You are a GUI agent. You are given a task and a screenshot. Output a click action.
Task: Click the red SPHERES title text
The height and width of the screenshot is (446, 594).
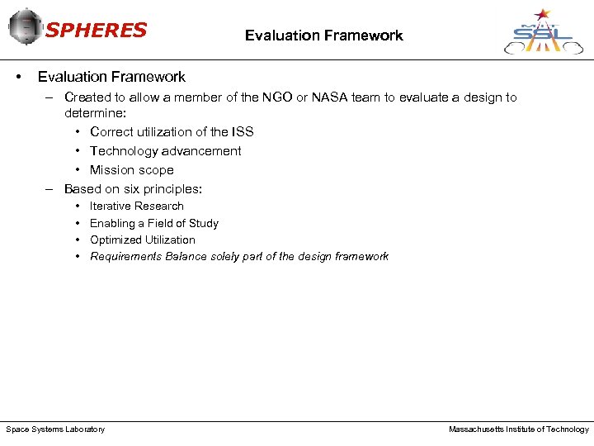tap(96, 31)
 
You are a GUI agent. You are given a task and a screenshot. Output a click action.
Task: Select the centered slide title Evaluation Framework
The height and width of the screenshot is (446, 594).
tap(323, 36)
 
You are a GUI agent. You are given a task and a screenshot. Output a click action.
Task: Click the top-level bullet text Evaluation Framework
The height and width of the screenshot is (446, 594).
tap(111, 77)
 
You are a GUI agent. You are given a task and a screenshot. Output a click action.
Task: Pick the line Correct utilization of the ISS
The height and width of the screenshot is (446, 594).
tap(172, 132)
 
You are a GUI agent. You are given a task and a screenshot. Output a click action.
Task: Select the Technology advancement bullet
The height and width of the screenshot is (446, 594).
tap(165, 151)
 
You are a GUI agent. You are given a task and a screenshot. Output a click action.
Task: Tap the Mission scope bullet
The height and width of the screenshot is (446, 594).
tap(131, 170)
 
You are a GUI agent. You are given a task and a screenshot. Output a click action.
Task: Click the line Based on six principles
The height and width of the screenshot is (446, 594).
tap(133, 189)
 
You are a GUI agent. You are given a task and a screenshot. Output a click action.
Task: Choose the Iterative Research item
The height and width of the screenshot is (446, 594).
tap(136, 206)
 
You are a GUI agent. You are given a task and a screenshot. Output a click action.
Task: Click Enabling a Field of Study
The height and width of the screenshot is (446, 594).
tap(153, 223)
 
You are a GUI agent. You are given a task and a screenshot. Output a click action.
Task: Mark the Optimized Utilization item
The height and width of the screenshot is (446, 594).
tap(142, 240)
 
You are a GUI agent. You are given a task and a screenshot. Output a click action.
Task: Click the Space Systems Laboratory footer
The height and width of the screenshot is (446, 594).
tap(55, 429)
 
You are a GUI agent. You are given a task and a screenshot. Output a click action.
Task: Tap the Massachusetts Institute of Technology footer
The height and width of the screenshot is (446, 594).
tap(518, 429)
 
